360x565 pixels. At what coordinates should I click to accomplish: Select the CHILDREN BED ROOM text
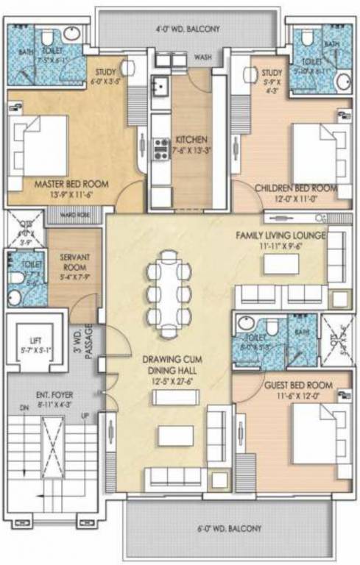(296, 188)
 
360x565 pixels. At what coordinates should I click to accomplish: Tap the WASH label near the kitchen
(202, 57)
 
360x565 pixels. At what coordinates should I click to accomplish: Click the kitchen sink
(160, 87)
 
